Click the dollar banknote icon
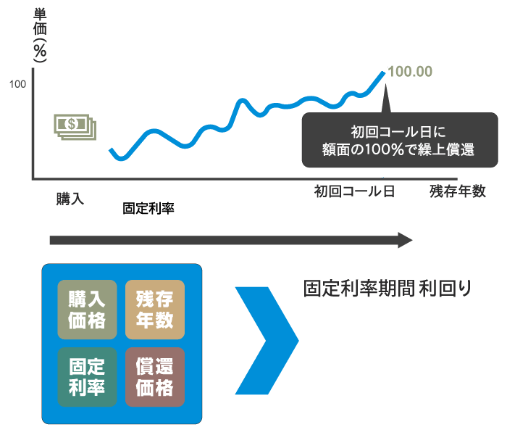pyautogui.click(x=75, y=127)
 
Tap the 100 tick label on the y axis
pyautogui.click(x=17, y=84)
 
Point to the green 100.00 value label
pyautogui.click(x=410, y=72)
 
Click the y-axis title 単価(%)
pyautogui.click(x=40, y=35)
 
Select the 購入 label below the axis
pyautogui.click(x=70, y=199)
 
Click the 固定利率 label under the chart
pyautogui.click(x=148, y=209)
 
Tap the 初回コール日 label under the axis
pyautogui.click(x=355, y=191)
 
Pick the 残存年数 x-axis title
pyautogui.click(x=458, y=191)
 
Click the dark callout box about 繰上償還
pyautogui.click(x=400, y=140)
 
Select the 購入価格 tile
pyautogui.click(x=87, y=310)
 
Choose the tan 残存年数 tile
pyautogui.click(x=155, y=310)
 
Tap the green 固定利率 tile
pyautogui.click(x=87, y=377)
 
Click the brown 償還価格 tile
pyautogui.click(x=155, y=377)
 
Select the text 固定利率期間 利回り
pyautogui.click(x=387, y=289)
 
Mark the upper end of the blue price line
pyautogui.click(x=384, y=72)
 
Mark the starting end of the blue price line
pyautogui.click(x=111, y=150)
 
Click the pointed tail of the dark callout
pyautogui.click(x=385, y=85)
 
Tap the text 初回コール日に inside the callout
pyautogui.click(x=398, y=132)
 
